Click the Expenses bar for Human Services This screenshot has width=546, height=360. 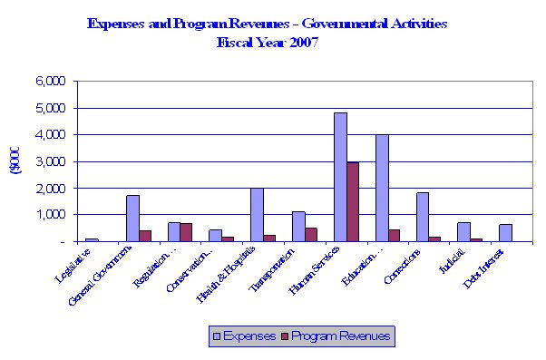click(x=340, y=177)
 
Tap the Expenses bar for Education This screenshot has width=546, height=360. click(x=382, y=188)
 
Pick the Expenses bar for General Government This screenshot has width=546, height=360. click(x=132, y=219)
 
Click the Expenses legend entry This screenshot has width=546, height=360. click(x=245, y=336)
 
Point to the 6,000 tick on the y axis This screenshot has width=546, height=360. click(x=50, y=81)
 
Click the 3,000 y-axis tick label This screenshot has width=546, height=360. click(x=50, y=161)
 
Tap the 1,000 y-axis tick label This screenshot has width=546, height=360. click(x=50, y=215)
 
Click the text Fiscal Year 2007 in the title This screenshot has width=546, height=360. click(x=267, y=42)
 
